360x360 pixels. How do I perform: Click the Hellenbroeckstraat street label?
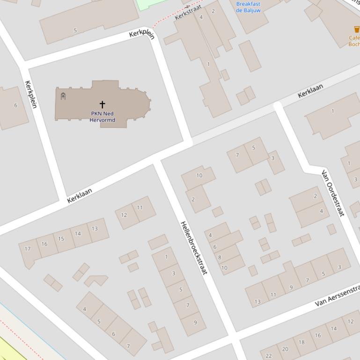(193, 247)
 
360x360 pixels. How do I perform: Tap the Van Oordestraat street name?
(333, 193)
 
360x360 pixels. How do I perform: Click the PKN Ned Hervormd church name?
(102, 116)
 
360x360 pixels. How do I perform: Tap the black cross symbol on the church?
(102, 104)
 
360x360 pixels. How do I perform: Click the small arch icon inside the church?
(63, 96)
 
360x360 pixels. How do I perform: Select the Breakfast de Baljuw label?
(248, 7)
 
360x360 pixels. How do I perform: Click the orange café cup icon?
(356, 30)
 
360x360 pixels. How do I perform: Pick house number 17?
(28, 249)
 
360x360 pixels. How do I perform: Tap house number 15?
(61, 238)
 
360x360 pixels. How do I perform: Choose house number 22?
(269, 356)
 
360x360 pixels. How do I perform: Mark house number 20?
(285, 349)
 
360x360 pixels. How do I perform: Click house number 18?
(301, 342)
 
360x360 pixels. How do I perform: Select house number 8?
(219, 257)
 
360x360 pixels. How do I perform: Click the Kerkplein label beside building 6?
(31, 94)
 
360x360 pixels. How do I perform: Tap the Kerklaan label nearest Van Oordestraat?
(310, 91)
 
